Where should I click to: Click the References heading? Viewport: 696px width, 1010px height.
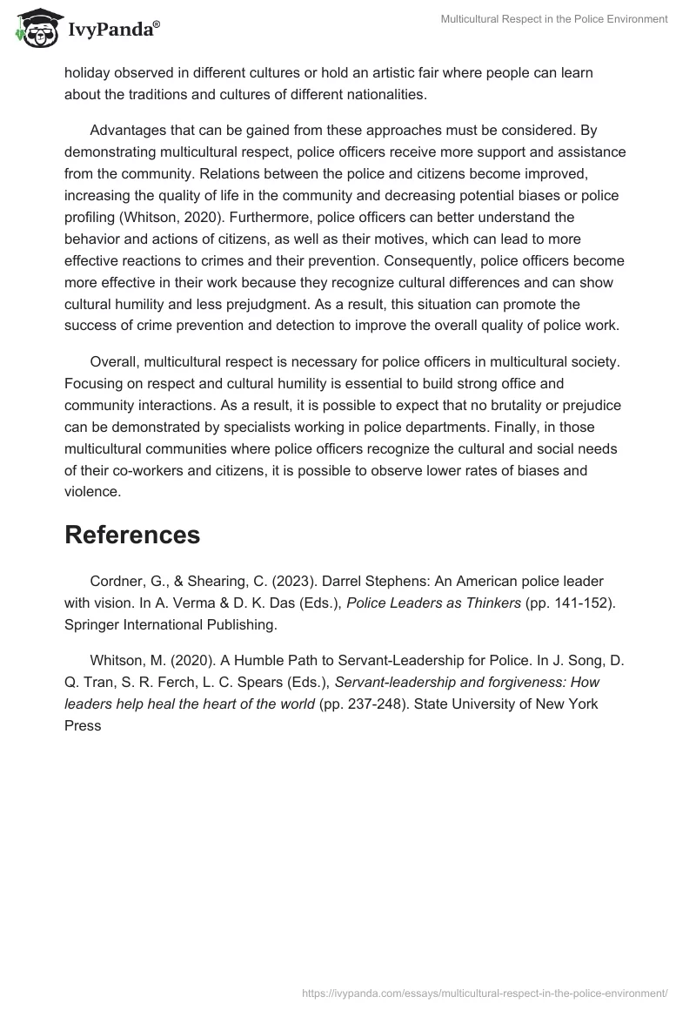click(x=132, y=535)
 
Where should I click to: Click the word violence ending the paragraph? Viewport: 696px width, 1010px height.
click(x=91, y=492)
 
